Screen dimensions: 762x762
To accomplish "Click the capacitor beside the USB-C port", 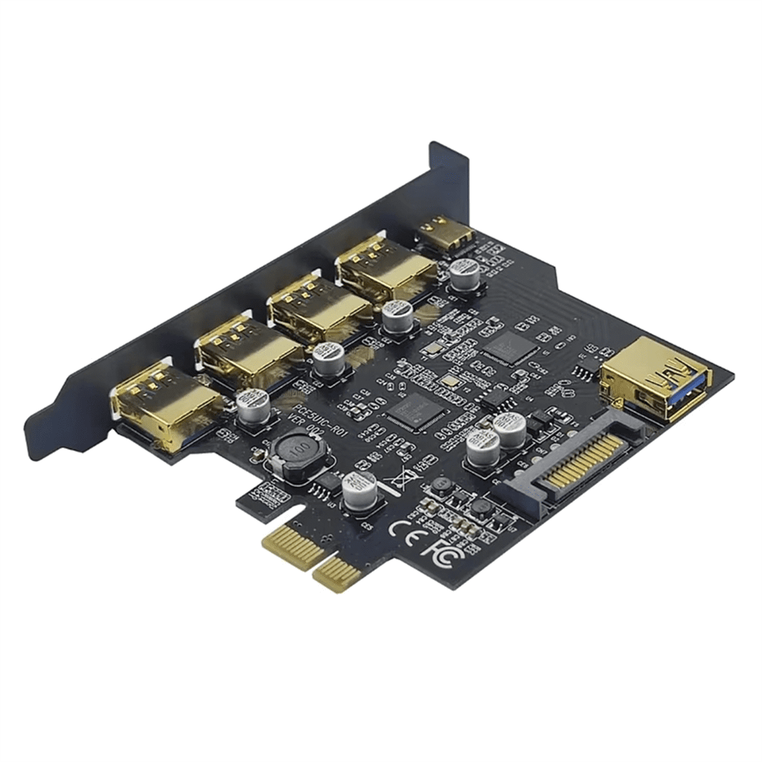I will coord(464,273).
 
